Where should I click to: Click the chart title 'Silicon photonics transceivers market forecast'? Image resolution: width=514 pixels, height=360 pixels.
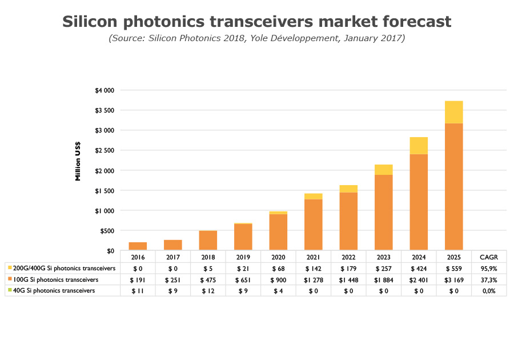pos(256,22)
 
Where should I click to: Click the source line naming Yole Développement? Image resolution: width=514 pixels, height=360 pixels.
pos(256,38)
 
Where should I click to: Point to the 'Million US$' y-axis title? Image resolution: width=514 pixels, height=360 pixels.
pos(78,161)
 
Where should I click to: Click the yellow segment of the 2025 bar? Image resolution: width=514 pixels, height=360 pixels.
pos(454,112)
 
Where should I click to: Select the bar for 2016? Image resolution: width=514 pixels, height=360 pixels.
pos(138,246)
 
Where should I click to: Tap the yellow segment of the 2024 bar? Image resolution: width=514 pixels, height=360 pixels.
pos(419,146)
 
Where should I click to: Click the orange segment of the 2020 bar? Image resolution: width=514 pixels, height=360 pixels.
pos(278,232)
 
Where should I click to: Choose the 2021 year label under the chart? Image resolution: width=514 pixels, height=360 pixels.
pos(313,257)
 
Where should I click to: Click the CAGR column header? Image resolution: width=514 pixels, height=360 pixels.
pos(488,257)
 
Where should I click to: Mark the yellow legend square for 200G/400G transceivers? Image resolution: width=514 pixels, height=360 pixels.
pos(10,268)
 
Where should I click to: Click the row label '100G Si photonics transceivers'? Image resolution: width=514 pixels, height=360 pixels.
pos(56,279)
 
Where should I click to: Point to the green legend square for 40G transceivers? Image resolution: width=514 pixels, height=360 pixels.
pos(10,291)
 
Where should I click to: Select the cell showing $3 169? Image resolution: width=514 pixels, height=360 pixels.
pos(453,279)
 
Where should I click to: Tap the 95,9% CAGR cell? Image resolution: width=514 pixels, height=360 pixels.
pos(488,268)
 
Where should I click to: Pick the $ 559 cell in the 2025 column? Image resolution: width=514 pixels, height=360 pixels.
pos(453,268)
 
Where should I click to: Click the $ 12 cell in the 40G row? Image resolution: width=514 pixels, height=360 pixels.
pos(208,291)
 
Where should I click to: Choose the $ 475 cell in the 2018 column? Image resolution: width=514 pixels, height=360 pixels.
pos(208,279)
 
